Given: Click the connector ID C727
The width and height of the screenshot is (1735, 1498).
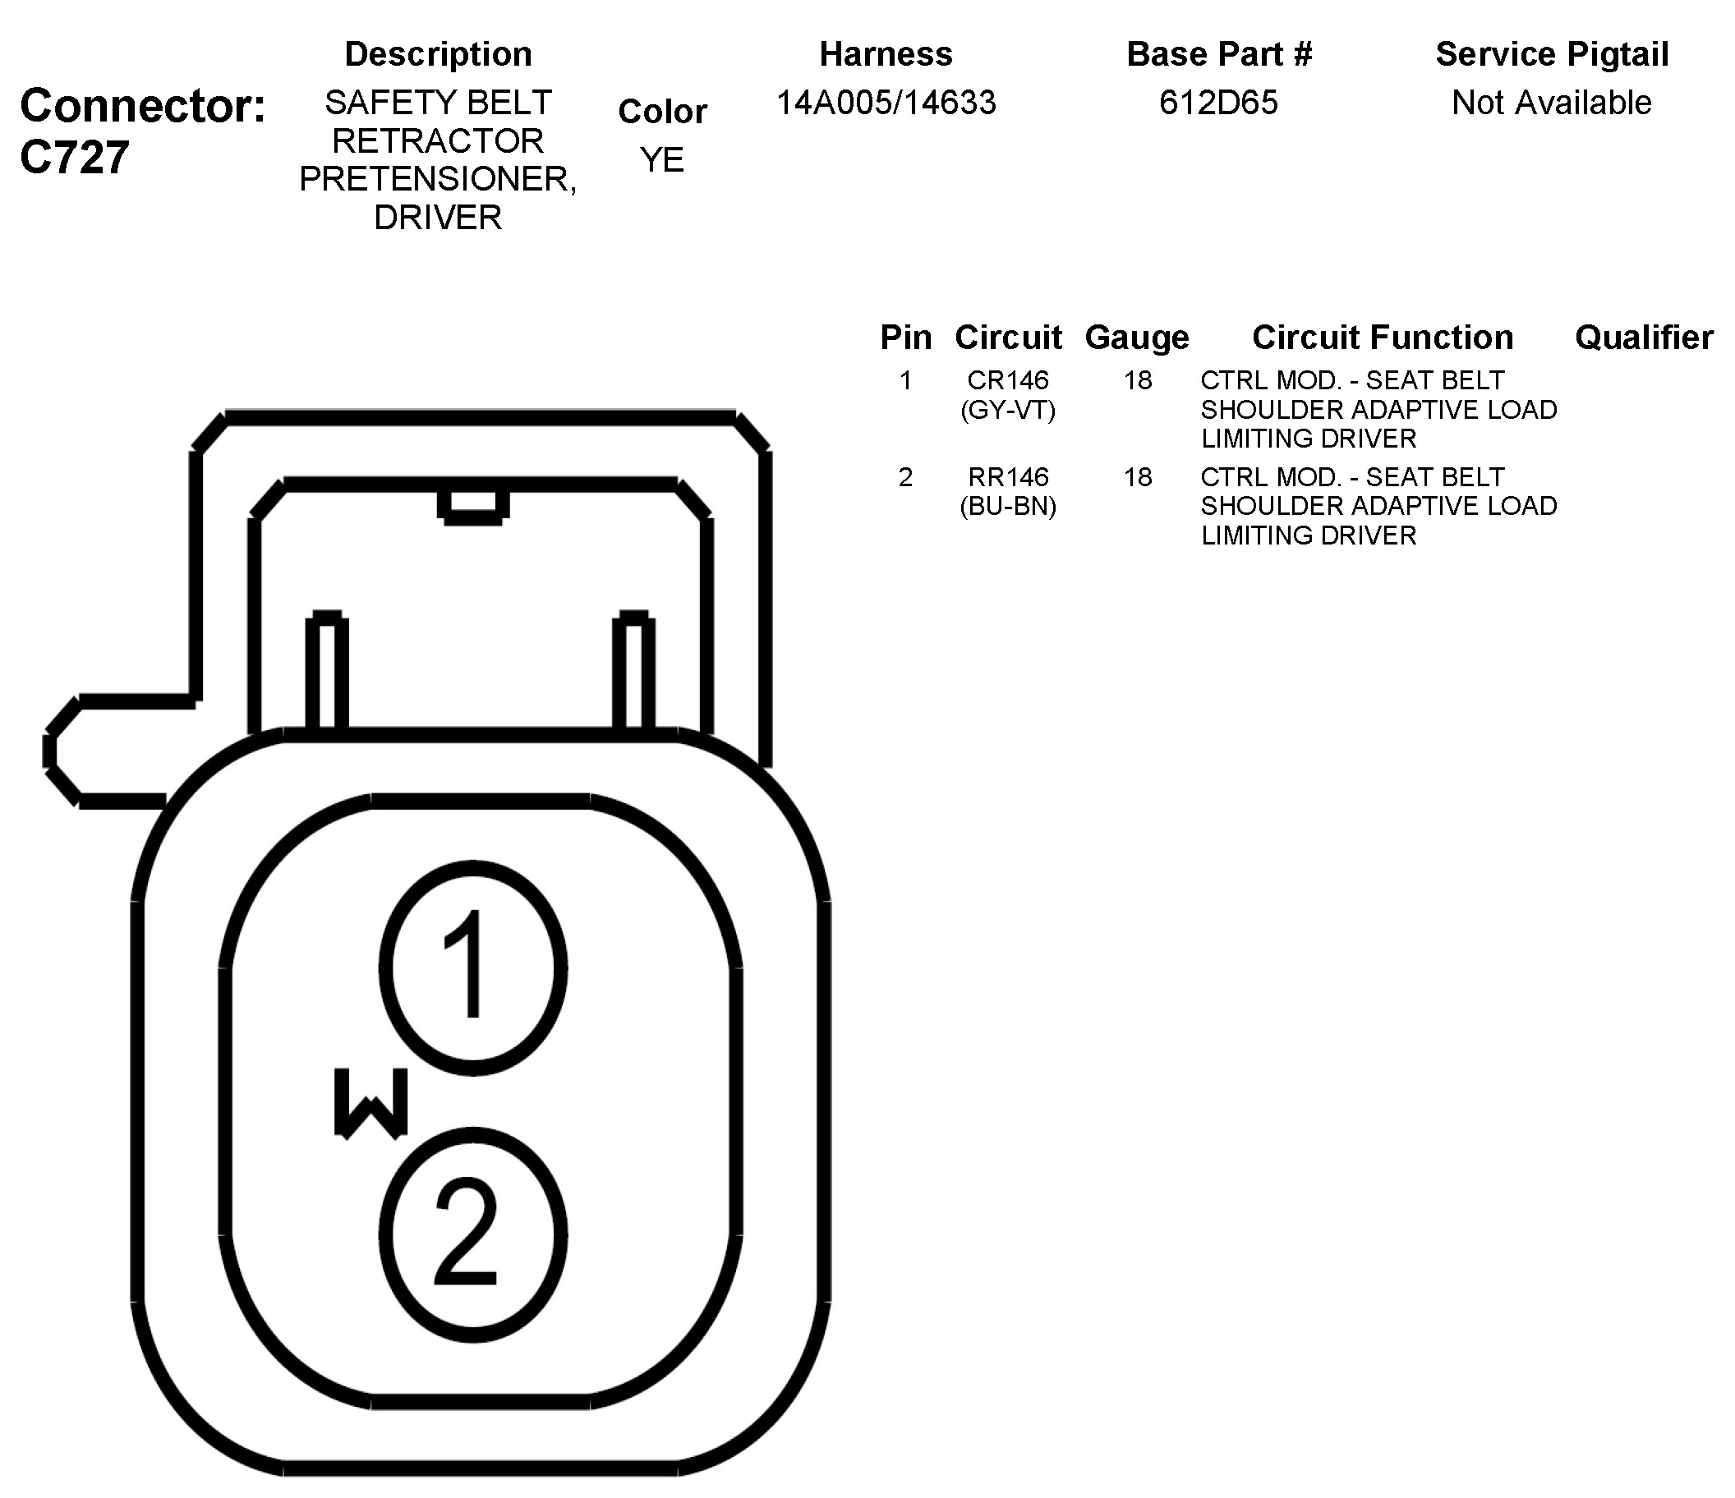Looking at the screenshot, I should pyautogui.click(x=76, y=158).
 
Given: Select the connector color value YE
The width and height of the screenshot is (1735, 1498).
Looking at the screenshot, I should pyautogui.click(x=661, y=160).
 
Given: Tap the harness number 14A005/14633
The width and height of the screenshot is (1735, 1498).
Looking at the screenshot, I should pyautogui.click(x=886, y=103).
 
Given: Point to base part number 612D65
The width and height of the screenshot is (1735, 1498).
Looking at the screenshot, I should pyautogui.click(x=1218, y=103).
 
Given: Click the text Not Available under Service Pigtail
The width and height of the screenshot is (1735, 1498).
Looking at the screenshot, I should pyautogui.click(x=1551, y=103).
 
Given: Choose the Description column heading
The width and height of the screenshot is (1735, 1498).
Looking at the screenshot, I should pyautogui.click(x=438, y=54).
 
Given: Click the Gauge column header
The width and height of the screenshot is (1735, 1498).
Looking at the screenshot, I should pyautogui.click(x=1136, y=338).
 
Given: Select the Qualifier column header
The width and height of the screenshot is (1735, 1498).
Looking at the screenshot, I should pyautogui.click(x=1643, y=338).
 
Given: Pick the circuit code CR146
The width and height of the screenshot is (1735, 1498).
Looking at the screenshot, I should pyautogui.click(x=1007, y=380).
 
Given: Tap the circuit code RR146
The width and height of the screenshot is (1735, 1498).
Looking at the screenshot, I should pyautogui.click(x=1007, y=477).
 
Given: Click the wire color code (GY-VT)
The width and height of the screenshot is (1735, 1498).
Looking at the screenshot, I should pyautogui.click(x=1007, y=410).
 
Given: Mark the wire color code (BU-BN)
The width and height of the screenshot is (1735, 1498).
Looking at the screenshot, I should pyautogui.click(x=1007, y=507).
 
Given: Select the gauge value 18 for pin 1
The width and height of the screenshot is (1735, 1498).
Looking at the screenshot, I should pyautogui.click(x=1137, y=380).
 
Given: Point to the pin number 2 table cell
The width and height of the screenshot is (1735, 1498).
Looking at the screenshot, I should pyautogui.click(x=904, y=477).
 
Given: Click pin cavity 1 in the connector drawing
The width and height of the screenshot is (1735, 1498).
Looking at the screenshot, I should pyautogui.click(x=473, y=968).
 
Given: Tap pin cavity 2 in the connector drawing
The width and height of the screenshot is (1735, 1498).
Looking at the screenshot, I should pyautogui.click(x=473, y=1234).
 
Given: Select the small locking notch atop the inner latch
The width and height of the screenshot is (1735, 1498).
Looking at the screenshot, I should pyautogui.click(x=473, y=506).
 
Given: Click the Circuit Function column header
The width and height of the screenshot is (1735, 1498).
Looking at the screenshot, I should pyautogui.click(x=1382, y=338).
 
